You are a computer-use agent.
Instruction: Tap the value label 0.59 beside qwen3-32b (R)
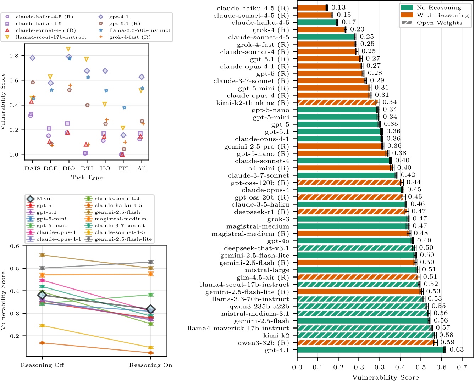(x=447, y=342)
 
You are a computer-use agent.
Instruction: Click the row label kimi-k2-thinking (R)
(x=253, y=103)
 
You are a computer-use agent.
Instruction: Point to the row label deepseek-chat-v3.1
(x=256, y=248)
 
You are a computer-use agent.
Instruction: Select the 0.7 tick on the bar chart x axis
(x=462, y=367)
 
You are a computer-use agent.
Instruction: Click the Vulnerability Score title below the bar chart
(x=385, y=377)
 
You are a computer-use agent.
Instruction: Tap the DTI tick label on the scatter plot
(x=87, y=168)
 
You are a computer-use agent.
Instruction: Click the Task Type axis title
(x=87, y=177)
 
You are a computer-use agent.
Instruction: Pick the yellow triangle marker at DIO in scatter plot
(x=68, y=49)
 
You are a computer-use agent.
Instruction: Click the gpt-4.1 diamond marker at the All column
(x=142, y=77)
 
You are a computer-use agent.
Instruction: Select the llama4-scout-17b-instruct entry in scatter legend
(x=51, y=37)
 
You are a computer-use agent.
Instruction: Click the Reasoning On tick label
(x=150, y=365)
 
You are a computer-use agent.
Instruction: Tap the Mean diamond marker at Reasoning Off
(x=43, y=295)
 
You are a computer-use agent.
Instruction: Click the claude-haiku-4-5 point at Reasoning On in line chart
(x=150, y=353)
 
